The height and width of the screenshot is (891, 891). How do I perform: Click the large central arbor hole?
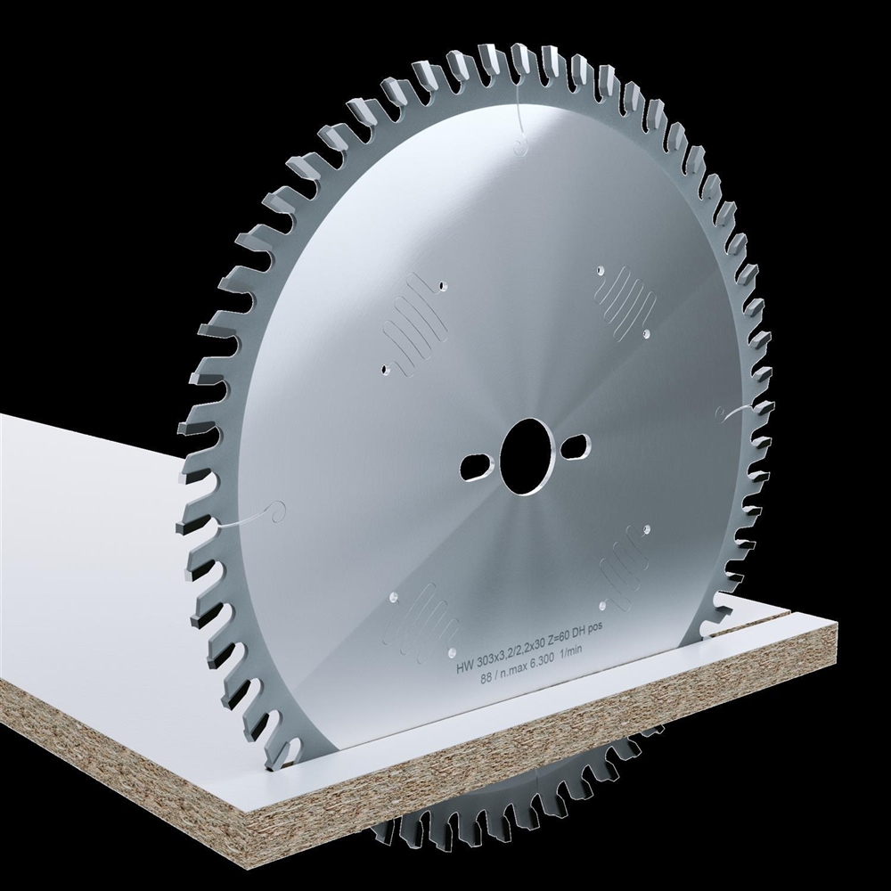pyautogui.click(x=527, y=455)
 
